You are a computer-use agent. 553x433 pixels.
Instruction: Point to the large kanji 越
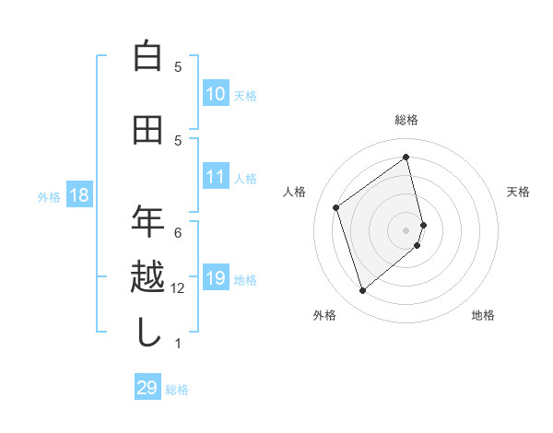[147, 277]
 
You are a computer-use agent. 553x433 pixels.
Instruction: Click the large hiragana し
[147, 332]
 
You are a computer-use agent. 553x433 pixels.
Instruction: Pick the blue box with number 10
[216, 94]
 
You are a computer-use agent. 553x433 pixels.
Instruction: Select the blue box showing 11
[216, 177]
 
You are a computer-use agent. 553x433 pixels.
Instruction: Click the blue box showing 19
[216, 278]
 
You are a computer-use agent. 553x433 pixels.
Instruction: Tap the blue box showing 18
[78, 195]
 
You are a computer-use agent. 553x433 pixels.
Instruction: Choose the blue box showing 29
[147, 388]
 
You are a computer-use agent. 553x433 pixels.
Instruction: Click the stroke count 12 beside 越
[179, 288]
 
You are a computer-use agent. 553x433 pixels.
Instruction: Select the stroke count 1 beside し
[178, 344]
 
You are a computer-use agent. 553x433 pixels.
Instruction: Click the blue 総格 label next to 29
[177, 390]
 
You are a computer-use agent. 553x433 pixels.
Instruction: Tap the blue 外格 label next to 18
[49, 196]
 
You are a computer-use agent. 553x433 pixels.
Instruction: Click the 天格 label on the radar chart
[519, 192]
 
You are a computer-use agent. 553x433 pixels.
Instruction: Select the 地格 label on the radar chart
[483, 315]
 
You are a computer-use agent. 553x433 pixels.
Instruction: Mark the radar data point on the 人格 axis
[336, 207]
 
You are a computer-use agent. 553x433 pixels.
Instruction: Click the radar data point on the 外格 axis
[362, 291]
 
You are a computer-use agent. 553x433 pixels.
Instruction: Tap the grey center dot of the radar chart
[406, 229]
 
